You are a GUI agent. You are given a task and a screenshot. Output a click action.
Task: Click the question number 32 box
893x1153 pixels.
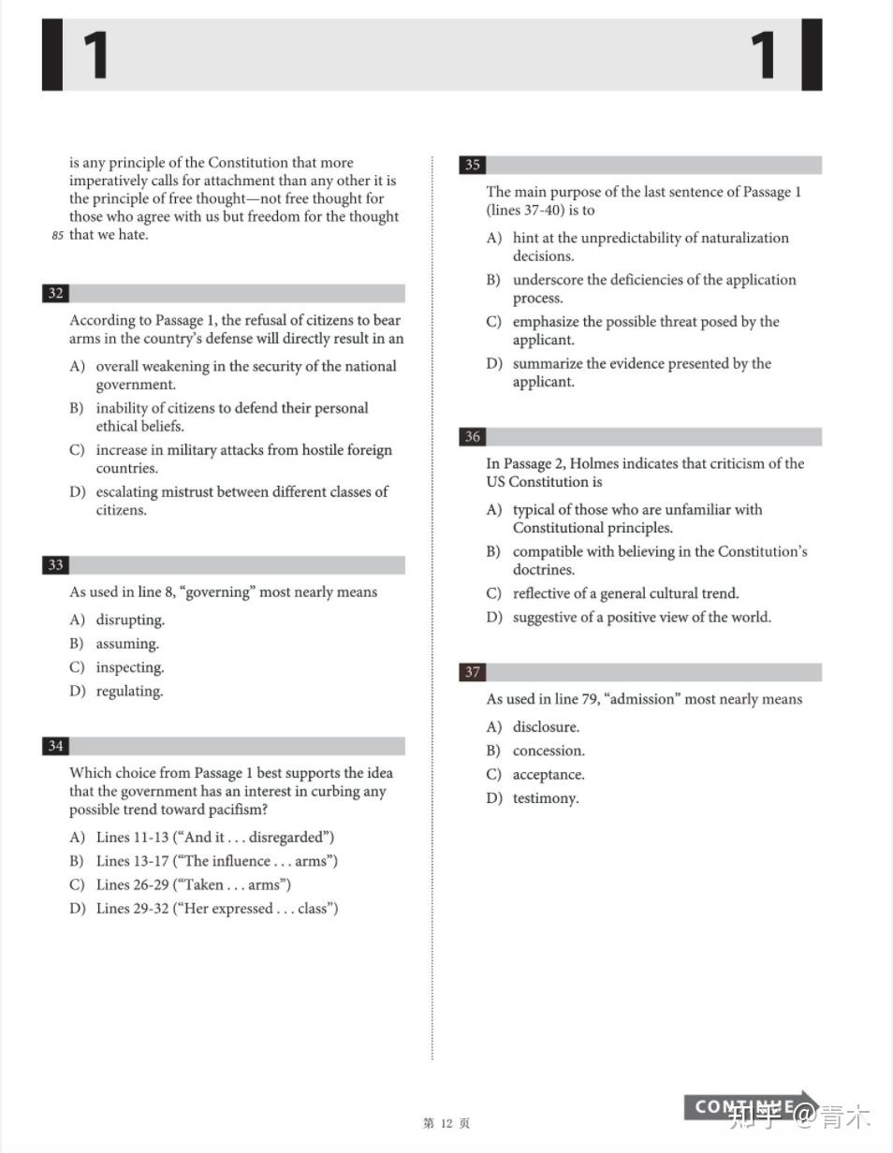click(55, 293)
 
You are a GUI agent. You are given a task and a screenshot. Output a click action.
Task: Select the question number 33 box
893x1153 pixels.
click(55, 565)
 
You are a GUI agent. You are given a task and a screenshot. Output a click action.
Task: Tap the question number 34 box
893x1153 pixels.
click(55, 746)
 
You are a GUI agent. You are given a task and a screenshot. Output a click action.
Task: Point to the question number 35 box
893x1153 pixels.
click(472, 165)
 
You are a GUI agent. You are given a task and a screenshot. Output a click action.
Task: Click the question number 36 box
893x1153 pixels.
click(472, 437)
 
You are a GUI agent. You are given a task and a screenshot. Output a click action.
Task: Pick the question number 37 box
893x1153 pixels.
click(472, 672)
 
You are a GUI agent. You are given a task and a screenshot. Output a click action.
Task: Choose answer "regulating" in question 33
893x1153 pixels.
click(128, 692)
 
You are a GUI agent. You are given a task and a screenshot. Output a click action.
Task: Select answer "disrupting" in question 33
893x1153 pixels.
click(129, 620)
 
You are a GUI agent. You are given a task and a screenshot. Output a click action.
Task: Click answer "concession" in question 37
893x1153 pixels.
click(548, 751)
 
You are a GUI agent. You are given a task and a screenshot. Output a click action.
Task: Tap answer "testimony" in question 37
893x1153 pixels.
click(545, 798)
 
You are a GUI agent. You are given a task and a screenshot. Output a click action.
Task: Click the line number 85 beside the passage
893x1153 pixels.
click(57, 236)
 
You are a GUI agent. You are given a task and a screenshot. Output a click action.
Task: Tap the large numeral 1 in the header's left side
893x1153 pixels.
click(95, 55)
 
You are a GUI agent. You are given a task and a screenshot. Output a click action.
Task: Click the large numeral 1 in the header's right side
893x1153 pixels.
click(764, 55)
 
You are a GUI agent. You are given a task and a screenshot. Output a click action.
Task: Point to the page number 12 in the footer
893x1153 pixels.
click(446, 1123)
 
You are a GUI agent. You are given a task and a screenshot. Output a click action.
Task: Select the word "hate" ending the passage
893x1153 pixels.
click(132, 235)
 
